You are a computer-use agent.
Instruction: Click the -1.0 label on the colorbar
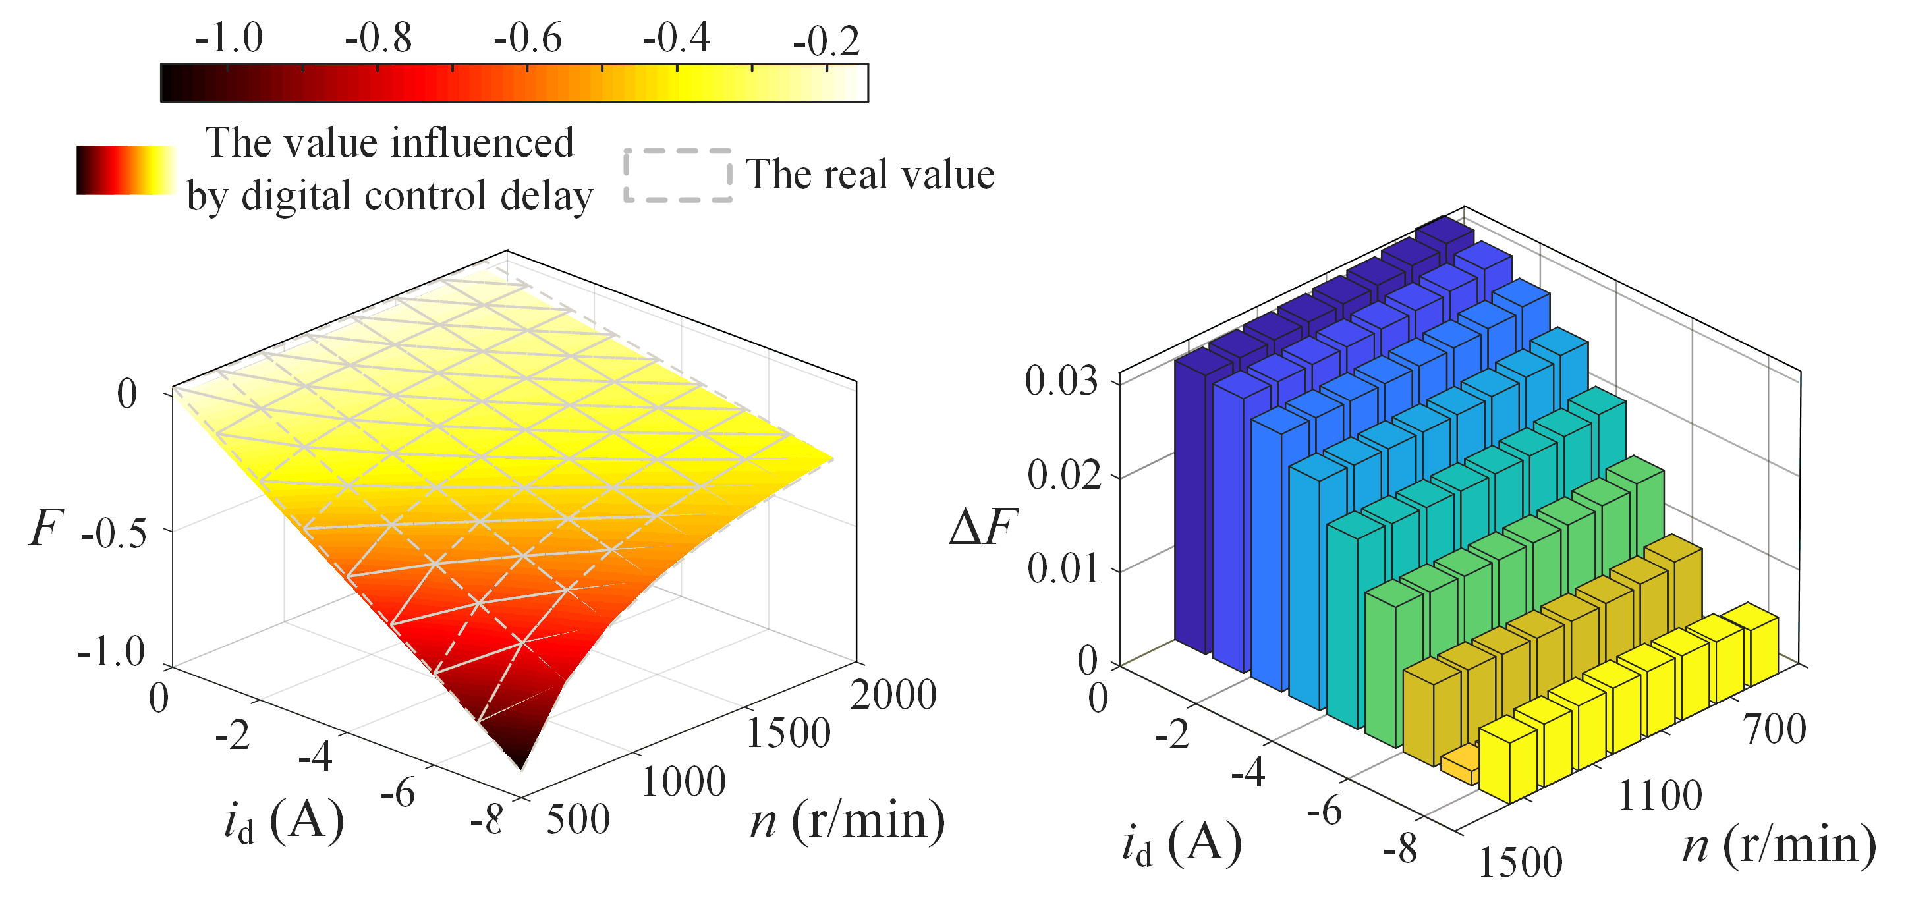click(229, 38)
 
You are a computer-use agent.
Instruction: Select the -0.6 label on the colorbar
click(528, 38)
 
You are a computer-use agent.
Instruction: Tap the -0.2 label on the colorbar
click(826, 41)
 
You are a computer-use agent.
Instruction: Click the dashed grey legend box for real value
click(678, 175)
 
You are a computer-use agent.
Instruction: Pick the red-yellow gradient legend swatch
click(126, 170)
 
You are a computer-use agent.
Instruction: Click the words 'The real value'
click(870, 175)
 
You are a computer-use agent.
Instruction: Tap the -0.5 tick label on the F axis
click(114, 534)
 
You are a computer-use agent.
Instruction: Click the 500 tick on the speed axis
click(578, 819)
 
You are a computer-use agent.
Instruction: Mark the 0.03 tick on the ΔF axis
click(1061, 381)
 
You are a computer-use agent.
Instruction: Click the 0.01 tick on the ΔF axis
click(1063, 568)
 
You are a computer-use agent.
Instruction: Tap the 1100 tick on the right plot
click(1660, 796)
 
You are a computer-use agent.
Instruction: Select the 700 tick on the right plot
click(1775, 729)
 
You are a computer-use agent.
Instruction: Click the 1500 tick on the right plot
click(1521, 862)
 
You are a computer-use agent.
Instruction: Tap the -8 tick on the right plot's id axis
click(1401, 848)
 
